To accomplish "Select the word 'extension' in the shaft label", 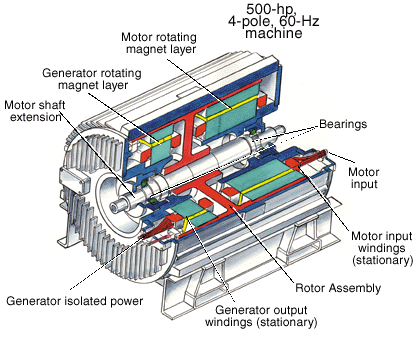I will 32,118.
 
